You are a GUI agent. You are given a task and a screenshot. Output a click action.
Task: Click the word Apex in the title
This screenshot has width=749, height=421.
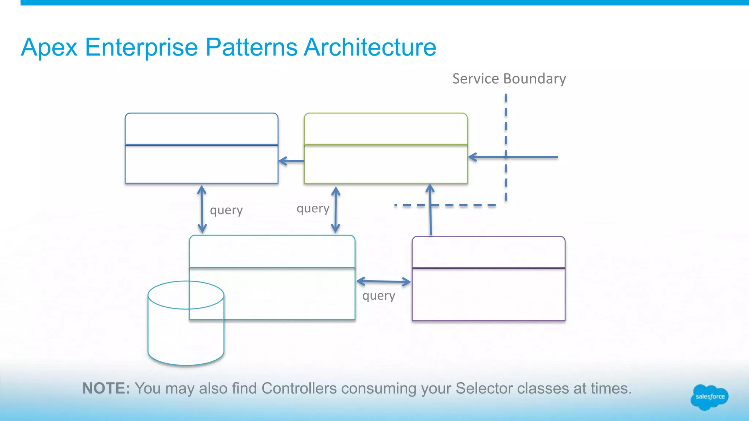(49, 48)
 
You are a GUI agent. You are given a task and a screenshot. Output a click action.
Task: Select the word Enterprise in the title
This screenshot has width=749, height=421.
(141, 48)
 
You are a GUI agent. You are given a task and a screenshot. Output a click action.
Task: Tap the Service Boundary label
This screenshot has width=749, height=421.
(509, 79)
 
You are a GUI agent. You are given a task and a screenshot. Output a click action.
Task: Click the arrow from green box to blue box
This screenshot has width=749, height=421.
(291, 161)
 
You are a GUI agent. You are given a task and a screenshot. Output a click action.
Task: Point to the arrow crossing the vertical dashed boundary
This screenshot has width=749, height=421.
(513, 157)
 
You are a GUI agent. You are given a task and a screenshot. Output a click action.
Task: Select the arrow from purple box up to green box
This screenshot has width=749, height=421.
(430, 210)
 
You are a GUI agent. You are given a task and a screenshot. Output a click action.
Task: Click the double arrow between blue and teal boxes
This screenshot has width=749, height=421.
(202, 209)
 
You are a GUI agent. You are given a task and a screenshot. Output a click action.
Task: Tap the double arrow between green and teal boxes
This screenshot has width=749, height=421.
(336, 210)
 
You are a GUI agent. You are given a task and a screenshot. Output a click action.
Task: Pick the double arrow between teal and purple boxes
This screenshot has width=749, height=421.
(384, 282)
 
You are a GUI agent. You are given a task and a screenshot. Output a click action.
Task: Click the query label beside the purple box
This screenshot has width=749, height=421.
(379, 296)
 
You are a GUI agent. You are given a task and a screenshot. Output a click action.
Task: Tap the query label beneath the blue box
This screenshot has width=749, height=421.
(226, 210)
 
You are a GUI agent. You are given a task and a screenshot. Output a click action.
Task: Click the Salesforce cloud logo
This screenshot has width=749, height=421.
(710, 397)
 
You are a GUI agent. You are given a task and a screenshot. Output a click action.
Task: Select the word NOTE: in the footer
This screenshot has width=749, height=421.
(106, 388)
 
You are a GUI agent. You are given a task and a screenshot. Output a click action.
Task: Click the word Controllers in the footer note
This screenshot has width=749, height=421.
(299, 388)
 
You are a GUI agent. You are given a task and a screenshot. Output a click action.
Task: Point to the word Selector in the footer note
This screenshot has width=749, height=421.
(481, 388)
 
